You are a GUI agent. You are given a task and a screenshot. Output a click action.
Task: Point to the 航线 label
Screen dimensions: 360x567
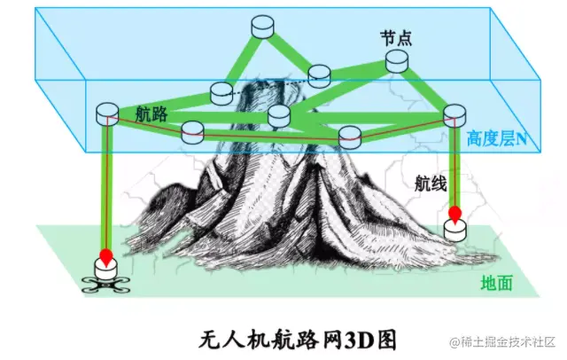(x=431, y=184)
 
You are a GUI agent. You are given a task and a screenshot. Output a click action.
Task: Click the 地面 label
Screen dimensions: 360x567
(x=496, y=283)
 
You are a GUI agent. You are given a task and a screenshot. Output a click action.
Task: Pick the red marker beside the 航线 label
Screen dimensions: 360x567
(x=455, y=214)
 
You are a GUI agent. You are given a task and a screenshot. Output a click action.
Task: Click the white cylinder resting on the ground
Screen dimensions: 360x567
(x=455, y=230)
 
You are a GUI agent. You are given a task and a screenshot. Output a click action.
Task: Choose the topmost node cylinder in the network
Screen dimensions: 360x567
(x=262, y=27)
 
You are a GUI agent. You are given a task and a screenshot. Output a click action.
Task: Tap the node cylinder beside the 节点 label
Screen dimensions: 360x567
(x=398, y=60)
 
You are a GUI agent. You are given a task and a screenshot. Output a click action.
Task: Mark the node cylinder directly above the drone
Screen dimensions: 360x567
(x=106, y=112)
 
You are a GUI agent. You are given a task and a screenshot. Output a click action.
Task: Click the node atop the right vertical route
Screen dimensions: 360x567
(x=454, y=113)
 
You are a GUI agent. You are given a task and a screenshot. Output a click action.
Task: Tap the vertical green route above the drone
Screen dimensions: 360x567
(x=106, y=186)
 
